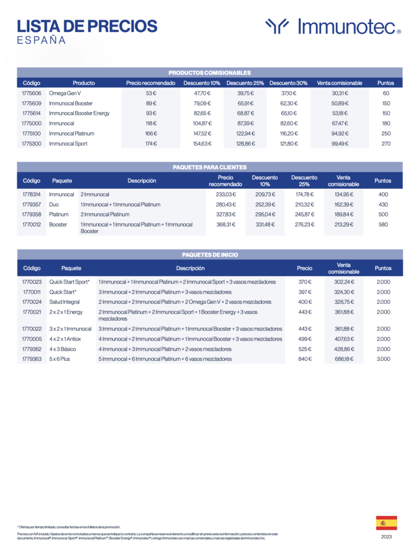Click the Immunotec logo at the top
coord(333,27)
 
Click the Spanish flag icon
coord(386,523)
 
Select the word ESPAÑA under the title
coord(42,41)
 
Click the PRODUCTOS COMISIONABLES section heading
coord(209,73)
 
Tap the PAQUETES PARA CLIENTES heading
coord(209,167)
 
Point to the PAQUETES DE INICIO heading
coord(209,255)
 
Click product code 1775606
coord(31,93)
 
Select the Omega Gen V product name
coord(64,93)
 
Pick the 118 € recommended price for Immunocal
coord(151,124)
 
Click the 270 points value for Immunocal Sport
coord(386,144)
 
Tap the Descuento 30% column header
coord(288,83)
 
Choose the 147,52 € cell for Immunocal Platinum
coord(202,134)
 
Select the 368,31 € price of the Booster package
coord(225,224)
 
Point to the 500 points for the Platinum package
coord(383,214)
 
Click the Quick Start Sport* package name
coord(69,282)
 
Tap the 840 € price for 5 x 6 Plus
coord(305,359)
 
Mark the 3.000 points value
coord(383,359)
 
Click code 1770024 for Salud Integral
coord(31,302)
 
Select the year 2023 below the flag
coord(386,537)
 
